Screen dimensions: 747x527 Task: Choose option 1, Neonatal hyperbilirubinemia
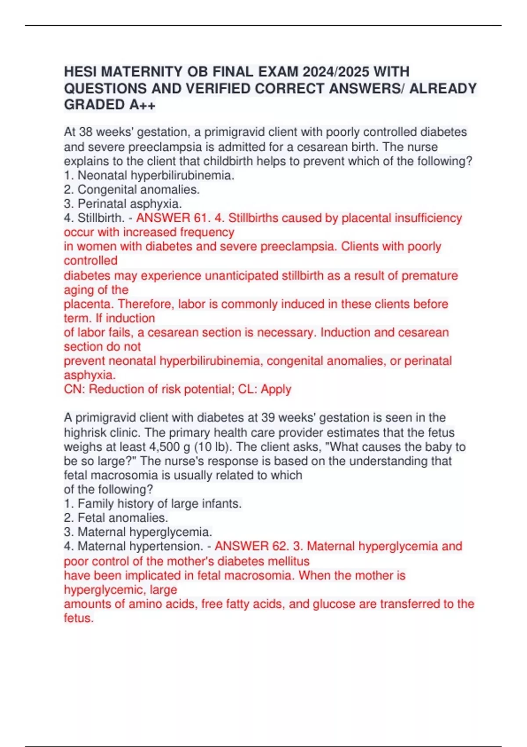(x=149, y=175)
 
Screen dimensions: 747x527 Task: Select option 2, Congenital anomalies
(x=132, y=189)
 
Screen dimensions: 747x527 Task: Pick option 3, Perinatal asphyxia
(x=123, y=204)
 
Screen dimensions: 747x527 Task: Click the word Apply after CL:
(x=276, y=389)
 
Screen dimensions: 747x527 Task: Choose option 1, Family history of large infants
(x=153, y=504)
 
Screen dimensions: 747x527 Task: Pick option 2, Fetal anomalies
(x=116, y=518)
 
